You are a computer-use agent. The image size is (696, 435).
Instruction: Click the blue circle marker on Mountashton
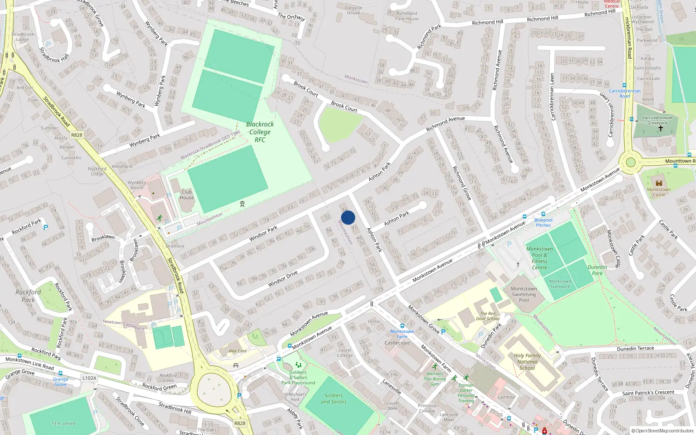(348, 217)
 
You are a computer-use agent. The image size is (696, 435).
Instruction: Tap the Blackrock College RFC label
(260, 132)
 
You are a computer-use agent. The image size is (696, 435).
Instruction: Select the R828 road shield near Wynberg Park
(77, 135)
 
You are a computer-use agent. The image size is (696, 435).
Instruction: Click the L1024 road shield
(89, 378)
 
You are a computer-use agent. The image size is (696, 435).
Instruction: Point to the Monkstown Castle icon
(659, 183)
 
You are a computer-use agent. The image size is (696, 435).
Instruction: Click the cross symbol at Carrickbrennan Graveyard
(660, 128)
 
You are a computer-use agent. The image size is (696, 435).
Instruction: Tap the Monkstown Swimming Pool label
(524, 294)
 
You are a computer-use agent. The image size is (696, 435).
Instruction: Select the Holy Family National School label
(527, 361)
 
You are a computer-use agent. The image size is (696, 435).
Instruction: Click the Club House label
(187, 194)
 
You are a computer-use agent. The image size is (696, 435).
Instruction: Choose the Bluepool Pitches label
(543, 222)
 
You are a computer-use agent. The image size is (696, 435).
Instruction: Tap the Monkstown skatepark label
(560, 284)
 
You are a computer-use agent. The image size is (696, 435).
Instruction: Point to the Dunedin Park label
(597, 270)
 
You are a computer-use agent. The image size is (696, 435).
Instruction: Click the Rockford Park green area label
(28, 296)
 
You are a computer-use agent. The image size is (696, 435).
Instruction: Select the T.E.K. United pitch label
(63, 423)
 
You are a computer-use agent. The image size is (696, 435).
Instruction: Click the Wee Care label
(238, 351)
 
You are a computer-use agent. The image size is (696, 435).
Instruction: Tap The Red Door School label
(488, 316)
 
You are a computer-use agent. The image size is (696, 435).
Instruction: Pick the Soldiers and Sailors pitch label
(334, 398)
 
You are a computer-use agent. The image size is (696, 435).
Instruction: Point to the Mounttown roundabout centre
(631, 163)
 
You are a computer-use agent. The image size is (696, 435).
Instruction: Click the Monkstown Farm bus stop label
(402, 334)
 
